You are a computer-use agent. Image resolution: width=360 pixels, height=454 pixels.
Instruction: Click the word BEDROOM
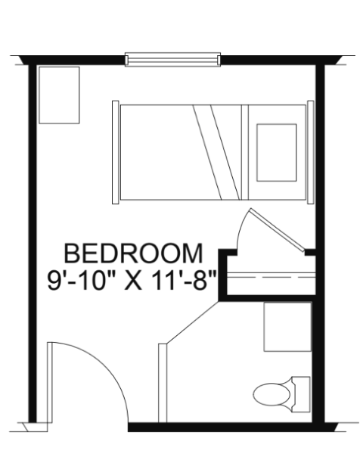tap(133, 253)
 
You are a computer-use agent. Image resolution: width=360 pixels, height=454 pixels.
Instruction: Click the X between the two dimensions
tap(133, 281)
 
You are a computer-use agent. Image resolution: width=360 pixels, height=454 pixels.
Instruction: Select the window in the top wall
tap(172, 60)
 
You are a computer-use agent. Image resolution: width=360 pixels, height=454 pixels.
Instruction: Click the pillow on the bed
tap(276, 153)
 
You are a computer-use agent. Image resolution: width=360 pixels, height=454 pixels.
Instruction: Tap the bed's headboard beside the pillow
tap(311, 152)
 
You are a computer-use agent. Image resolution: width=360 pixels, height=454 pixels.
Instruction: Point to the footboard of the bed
tap(116, 152)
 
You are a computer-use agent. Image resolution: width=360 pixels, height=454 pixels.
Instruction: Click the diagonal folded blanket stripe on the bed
tap(216, 152)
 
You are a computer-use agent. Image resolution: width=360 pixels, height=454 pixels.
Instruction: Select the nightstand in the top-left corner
tap(59, 95)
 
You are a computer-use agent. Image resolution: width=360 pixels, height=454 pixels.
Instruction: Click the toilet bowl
tap(272, 394)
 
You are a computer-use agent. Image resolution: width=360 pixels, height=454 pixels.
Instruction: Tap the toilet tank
tap(301, 394)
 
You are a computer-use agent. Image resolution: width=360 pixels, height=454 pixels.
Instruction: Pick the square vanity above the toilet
tap(287, 327)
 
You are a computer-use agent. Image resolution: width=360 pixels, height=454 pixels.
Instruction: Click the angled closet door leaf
tap(278, 230)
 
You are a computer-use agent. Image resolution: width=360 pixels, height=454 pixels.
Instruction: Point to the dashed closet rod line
tap(271, 278)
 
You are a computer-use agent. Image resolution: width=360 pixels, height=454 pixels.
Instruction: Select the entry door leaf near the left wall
tap(50, 382)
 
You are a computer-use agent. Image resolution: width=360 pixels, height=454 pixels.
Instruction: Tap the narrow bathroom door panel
tap(163, 383)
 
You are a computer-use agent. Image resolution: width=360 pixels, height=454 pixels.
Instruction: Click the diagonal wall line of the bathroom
tap(192, 322)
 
